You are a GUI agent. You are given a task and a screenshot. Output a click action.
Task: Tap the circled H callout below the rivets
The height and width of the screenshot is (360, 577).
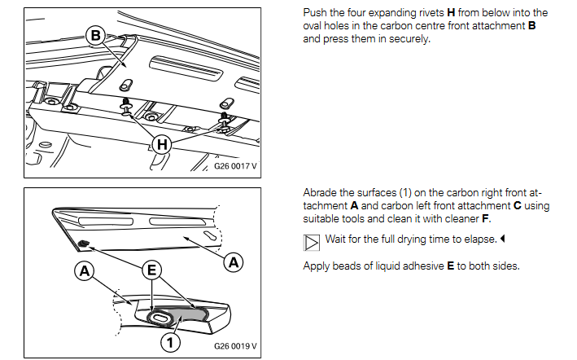[x=164, y=144]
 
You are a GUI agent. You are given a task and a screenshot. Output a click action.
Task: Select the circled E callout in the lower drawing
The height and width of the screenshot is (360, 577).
[x=151, y=269]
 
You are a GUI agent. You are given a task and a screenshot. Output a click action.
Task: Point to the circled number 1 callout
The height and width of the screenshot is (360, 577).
[x=169, y=342]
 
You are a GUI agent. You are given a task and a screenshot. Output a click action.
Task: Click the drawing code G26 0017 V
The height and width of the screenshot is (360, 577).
[x=235, y=165]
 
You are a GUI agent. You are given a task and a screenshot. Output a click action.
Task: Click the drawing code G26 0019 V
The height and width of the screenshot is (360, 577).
[x=235, y=345]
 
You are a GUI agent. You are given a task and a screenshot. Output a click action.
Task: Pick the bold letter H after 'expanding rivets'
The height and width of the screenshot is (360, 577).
[x=451, y=12]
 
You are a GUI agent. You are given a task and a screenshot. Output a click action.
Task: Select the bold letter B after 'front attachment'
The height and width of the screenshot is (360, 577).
[x=531, y=25]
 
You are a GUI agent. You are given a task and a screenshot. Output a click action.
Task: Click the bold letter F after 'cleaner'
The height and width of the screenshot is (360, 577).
[x=487, y=219]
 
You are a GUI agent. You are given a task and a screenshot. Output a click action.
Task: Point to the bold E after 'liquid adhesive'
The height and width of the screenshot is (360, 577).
[x=450, y=266]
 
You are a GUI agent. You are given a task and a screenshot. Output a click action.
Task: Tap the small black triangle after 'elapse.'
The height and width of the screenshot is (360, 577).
[x=503, y=239]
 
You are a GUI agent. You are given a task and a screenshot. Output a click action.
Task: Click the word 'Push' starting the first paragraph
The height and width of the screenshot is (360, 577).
[x=315, y=12]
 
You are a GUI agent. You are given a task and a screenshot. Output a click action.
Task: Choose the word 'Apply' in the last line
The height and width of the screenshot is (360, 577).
[x=317, y=266]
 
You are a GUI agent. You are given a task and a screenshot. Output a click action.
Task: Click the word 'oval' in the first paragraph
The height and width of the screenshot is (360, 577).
[x=315, y=25]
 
